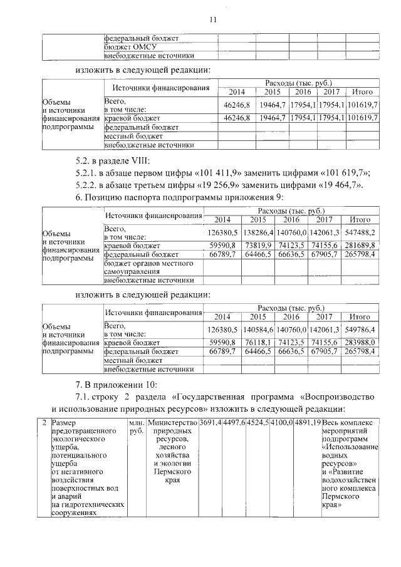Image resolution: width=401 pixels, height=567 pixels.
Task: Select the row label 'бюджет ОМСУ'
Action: coord(130,47)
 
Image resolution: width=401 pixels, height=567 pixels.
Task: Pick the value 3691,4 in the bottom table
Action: coord(210,424)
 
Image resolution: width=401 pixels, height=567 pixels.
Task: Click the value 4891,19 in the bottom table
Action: coord(307,424)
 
